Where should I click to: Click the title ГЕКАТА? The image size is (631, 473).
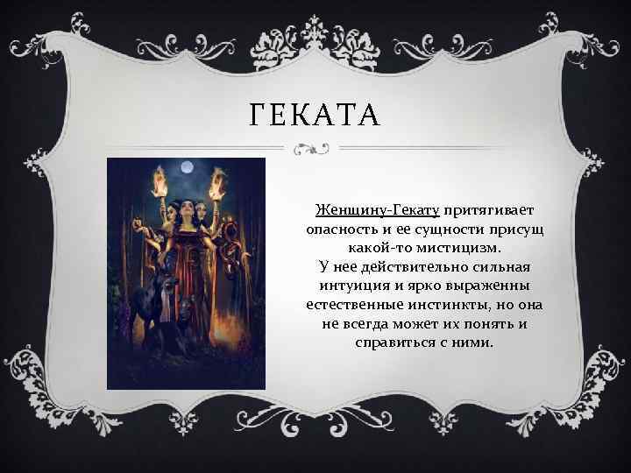pos(315,116)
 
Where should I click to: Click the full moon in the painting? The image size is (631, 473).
pos(186,166)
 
